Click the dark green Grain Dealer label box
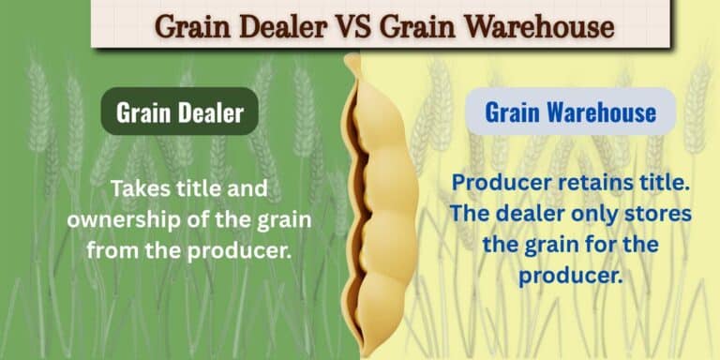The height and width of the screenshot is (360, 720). [180, 113]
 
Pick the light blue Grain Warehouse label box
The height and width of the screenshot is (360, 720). [570, 112]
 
